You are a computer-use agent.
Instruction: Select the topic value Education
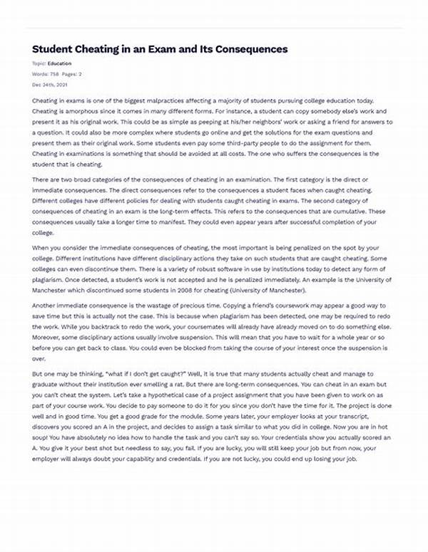59,63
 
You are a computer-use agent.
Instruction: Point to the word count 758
55,73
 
